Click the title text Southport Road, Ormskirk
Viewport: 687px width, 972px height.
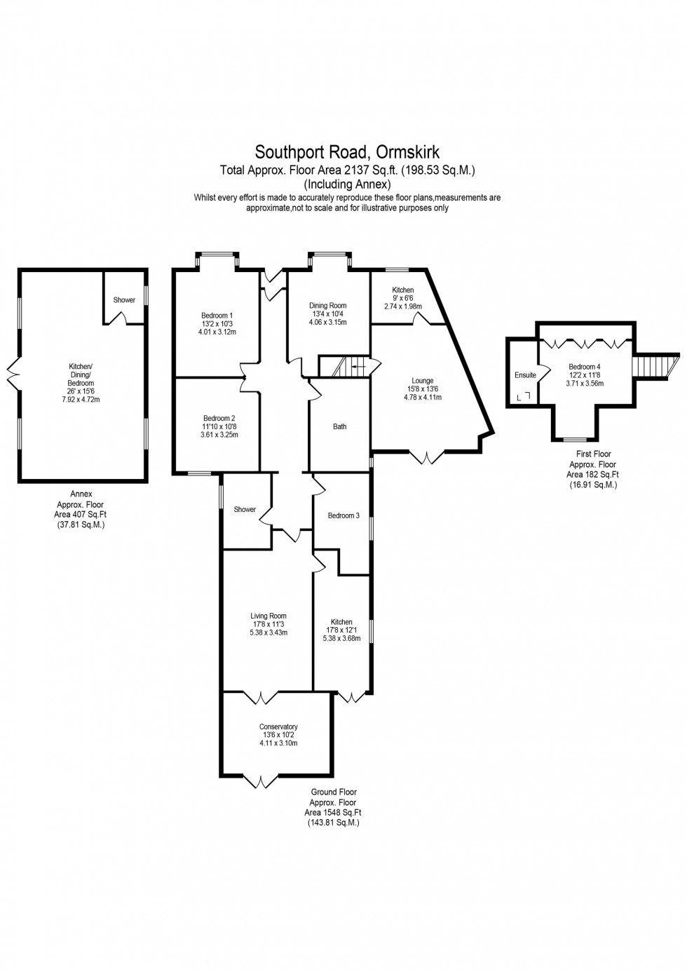(347, 152)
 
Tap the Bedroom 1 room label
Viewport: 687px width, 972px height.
(217, 316)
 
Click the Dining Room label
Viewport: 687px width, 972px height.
(328, 306)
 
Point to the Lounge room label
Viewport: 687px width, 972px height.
(423, 381)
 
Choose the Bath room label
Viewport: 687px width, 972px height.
(339, 426)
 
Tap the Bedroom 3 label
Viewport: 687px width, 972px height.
(343, 515)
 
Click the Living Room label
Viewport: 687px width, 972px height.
(268, 616)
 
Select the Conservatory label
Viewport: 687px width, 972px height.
(278, 727)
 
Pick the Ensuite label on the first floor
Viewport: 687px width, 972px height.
(525, 375)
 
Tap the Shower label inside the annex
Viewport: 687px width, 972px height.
(124, 300)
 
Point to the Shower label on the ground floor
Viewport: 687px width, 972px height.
(245, 509)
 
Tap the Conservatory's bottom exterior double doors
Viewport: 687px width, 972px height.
(260, 781)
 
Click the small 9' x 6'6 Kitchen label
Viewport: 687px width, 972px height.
(403, 298)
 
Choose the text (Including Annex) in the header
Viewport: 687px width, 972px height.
(347, 184)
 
